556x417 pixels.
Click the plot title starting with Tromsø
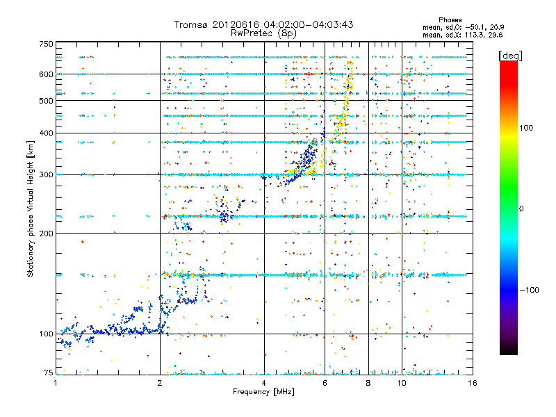coord(263,24)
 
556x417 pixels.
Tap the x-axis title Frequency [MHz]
coord(263,392)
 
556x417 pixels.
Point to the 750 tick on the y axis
coord(47,44)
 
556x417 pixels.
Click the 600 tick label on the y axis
coord(47,74)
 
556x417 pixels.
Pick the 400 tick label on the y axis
coord(47,133)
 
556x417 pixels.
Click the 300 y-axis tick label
coord(47,174)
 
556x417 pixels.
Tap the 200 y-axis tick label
coord(47,233)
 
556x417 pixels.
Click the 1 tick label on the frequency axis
coord(56,383)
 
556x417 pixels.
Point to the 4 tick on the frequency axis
coord(264,383)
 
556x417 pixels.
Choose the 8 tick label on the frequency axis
coord(368,383)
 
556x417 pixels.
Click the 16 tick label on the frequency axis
coord(472,383)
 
